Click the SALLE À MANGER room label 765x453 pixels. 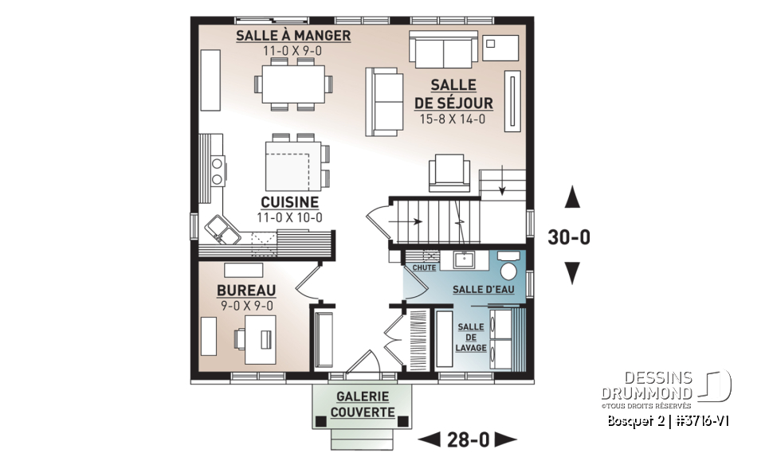point(293,37)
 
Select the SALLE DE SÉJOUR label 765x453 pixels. point(453,94)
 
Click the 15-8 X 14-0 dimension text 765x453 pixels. point(453,120)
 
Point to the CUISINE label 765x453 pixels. point(288,202)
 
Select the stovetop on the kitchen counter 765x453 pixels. point(217,169)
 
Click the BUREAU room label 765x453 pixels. point(246,291)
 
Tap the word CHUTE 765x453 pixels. point(424,268)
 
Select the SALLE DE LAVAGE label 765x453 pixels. point(470,338)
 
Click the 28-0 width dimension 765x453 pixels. point(468,439)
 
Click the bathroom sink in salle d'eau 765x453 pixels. point(462,260)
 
